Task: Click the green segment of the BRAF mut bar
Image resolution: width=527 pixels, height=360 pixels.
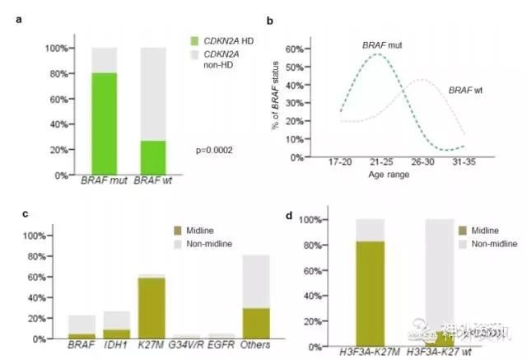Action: (x=103, y=124)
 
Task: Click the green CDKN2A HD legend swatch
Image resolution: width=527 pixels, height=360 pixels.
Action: (x=194, y=40)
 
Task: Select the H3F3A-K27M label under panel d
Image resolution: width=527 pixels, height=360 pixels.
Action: (x=374, y=348)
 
